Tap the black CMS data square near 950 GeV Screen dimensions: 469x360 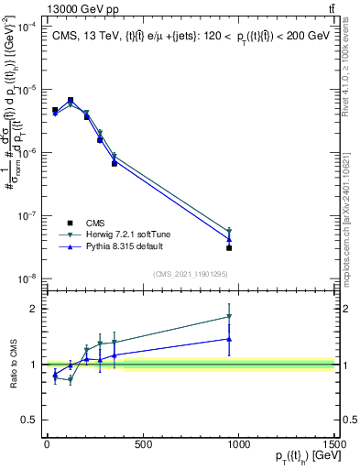tap(229, 248)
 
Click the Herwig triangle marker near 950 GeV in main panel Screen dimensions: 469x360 tap(229, 232)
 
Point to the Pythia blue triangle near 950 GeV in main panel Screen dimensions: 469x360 tap(229, 239)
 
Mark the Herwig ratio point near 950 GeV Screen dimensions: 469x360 tap(229, 317)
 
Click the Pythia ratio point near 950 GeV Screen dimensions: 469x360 tap(229, 339)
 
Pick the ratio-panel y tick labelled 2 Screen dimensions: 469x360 tap(35, 309)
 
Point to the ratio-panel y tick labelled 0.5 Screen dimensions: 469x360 tap(31, 420)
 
